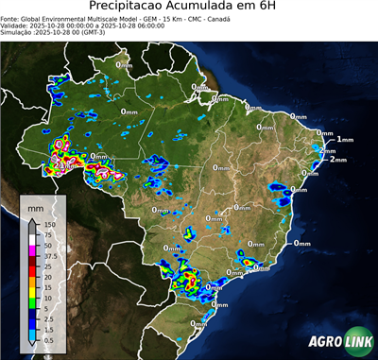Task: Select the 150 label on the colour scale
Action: click(48, 224)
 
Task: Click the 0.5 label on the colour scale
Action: click(48, 339)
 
